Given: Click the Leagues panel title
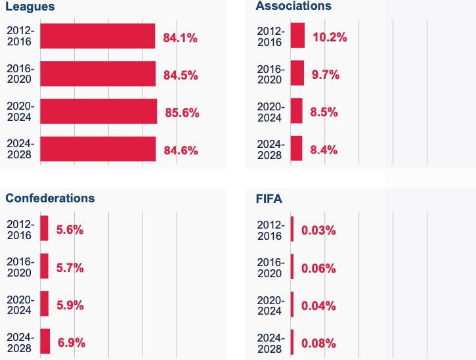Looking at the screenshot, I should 30,7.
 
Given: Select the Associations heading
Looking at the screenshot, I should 293,6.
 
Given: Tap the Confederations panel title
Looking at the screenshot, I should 50,198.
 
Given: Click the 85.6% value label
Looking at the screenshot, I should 182,112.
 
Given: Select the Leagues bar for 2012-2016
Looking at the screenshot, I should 98,36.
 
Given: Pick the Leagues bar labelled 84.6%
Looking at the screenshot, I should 98,149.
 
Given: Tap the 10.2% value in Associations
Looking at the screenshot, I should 330,37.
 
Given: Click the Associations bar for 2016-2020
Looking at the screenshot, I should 297,74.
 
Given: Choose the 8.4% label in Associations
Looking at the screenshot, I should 324,150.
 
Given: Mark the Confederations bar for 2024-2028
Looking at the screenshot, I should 45,342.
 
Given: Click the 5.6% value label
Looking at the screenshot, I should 70,230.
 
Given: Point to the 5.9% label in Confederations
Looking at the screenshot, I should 70,305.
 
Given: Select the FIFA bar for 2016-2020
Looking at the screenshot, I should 292,267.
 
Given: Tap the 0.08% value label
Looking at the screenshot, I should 318,343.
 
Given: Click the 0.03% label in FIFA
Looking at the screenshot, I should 318,231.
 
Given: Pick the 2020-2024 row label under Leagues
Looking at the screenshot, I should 20,111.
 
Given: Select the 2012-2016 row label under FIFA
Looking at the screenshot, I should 270,230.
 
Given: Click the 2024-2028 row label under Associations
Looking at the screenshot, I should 270,149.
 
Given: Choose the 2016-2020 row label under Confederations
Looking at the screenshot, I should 20,267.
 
